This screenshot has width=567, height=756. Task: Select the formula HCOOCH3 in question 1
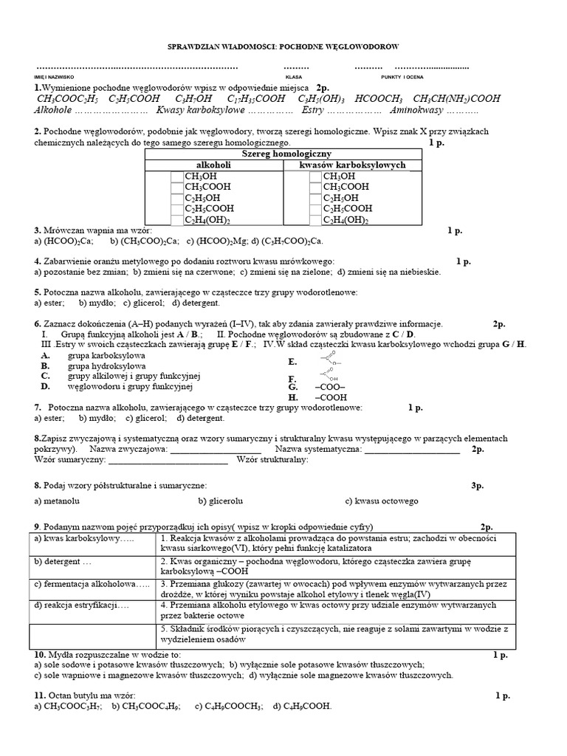(x=378, y=98)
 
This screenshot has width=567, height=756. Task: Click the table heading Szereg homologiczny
(x=283, y=154)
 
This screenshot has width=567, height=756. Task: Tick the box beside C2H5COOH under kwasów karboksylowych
(x=315, y=209)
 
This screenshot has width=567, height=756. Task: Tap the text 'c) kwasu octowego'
(x=381, y=501)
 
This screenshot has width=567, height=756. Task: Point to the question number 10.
(x=41, y=655)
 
